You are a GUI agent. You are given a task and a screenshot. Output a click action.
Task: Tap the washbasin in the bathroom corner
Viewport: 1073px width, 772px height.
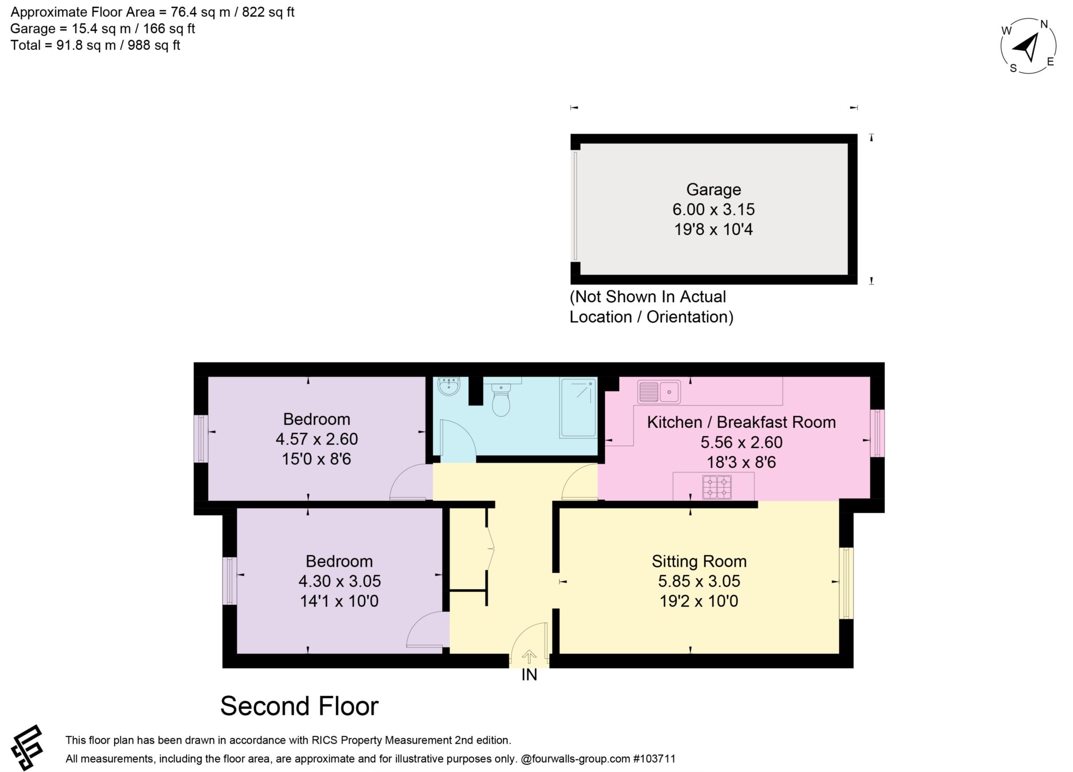coord(449,387)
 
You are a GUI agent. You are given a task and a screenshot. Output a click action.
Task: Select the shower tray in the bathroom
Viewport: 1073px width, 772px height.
coord(578,407)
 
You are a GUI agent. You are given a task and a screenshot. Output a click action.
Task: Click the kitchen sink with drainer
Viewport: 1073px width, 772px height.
coord(659,392)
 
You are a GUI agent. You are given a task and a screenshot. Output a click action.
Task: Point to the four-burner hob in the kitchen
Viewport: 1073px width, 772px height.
coord(717,487)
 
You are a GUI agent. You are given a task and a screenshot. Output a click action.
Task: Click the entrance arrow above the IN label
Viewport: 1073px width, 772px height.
coord(529,656)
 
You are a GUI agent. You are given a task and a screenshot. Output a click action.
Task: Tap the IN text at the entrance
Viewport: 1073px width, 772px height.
coord(529,675)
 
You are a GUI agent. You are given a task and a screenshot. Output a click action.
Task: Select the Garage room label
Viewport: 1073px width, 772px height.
coord(714,190)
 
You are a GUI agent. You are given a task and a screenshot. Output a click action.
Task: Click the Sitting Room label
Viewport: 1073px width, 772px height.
coord(699,561)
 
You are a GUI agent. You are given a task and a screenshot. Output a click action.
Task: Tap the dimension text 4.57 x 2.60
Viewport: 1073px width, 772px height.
coord(316,439)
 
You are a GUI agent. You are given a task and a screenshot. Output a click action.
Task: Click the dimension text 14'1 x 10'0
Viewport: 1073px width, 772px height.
coord(339,601)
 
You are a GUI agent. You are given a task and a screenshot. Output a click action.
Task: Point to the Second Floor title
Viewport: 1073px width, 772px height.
coord(299,706)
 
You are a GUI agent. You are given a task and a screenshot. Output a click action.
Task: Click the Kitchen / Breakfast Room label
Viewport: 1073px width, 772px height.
coord(741,422)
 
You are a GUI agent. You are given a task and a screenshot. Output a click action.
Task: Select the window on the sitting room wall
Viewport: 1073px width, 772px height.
coord(846,583)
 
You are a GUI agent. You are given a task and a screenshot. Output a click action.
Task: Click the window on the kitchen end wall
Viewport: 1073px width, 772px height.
coord(877,433)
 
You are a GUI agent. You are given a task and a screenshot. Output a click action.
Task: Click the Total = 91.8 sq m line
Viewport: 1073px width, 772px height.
coord(95,46)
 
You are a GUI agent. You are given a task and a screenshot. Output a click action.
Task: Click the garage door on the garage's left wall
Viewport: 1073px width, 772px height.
coord(575,206)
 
